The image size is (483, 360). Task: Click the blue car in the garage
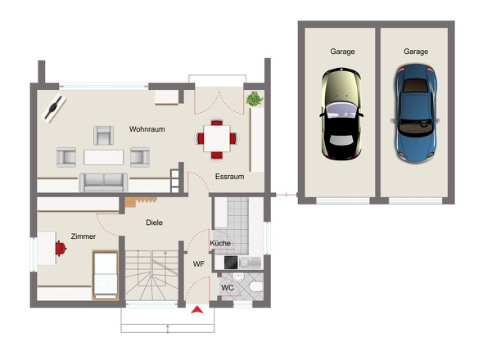click(x=416, y=114)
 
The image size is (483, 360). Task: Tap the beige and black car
click(x=341, y=115)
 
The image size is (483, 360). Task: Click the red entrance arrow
click(x=196, y=309)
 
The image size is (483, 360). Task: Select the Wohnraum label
click(x=147, y=129)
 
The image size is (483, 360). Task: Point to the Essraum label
click(x=229, y=177)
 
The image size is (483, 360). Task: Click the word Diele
click(x=155, y=223)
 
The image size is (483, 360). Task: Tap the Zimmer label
click(x=84, y=236)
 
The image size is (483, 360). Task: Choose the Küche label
click(x=220, y=243)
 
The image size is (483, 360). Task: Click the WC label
click(x=228, y=288)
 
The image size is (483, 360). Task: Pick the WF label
click(x=199, y=264)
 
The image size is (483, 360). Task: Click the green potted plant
click(x=255, y=98)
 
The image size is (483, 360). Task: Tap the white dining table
click(x=217, y=138)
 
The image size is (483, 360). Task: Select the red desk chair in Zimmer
click(x=61, y=249)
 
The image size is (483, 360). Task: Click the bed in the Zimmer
click(x=105, y=275)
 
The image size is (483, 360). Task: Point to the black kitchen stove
click(x=231, y=263)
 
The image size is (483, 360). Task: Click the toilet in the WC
click(x=256, y=287)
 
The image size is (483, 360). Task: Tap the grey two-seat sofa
click(x=103, y=182)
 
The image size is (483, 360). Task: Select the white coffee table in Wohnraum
click(x=103, y=157)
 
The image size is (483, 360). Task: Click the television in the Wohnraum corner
click(x=53, y=108)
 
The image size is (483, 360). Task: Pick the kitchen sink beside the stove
click(x=251, y=263)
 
